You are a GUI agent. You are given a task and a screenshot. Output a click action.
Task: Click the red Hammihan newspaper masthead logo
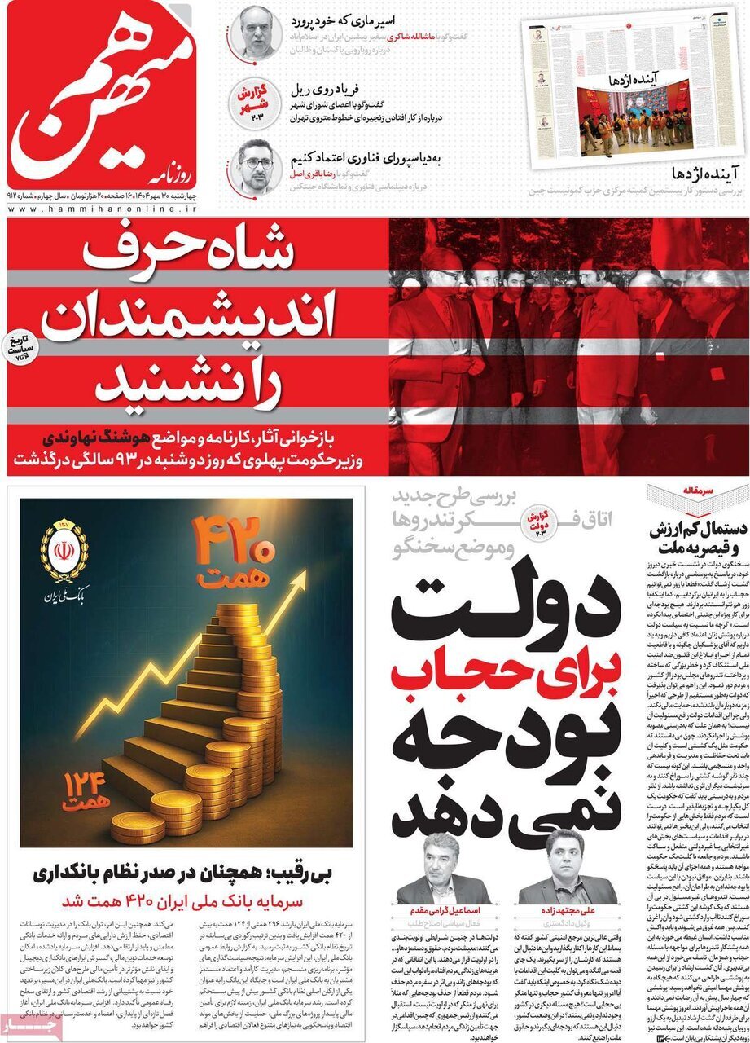[x=102, y=94]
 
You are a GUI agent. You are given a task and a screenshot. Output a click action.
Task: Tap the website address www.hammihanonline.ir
[x=102, y=210]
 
